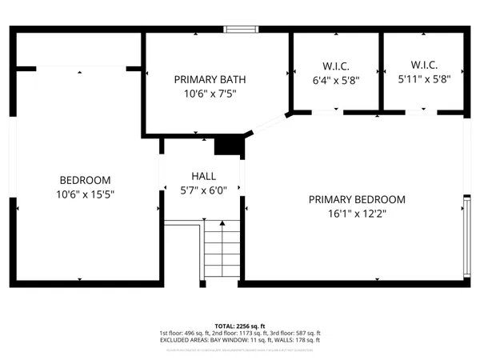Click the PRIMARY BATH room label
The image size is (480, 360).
pos(210,79)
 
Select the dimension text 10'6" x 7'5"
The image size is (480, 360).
pos(210,94)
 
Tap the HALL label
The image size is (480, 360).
pos(203,176)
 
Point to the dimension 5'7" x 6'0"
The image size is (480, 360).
pos(203,190)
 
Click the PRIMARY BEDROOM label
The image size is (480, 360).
pos(357,199)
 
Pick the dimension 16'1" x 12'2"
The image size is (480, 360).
pos(357,214)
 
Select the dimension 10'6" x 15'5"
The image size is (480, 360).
pos(85,194)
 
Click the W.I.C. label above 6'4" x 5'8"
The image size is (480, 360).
pos(336,65)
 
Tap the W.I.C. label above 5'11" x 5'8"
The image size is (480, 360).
pos(424,65)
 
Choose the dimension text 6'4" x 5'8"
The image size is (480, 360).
pos(336,79)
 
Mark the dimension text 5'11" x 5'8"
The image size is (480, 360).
pos(424,79)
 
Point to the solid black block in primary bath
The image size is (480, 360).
pos(230,146)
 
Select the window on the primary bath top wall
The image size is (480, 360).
pos(241,30)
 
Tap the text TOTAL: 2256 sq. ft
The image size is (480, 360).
pos(239,326)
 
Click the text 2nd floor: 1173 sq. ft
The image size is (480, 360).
pos(239,333)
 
